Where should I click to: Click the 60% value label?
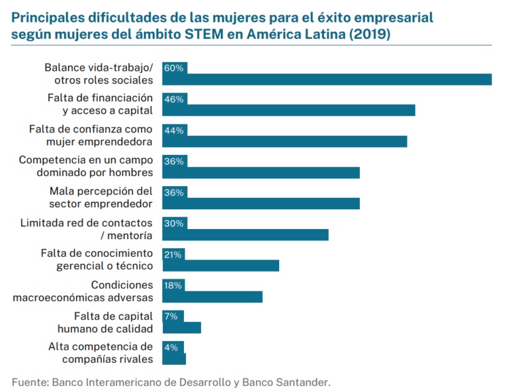coord(175,68)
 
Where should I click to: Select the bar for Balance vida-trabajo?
coord(327,79)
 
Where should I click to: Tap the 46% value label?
coord(175,99)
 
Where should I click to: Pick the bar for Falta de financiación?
coord(288,111)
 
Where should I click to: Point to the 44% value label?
coord(175,130)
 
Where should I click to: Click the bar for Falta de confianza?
coord(284,142)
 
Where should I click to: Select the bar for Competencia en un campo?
coord(261,173)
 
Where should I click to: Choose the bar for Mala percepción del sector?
coord(261,203)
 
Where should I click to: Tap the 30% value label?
coord(175,223)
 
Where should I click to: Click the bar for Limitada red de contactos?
coord(245,234)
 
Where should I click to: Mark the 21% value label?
coord(173,254)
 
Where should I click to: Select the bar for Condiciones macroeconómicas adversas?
coord(212,297)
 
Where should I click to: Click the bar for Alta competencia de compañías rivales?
coord(174,359)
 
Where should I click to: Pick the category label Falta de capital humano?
coord(113,322)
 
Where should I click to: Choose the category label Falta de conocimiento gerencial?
coord(97,260)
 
